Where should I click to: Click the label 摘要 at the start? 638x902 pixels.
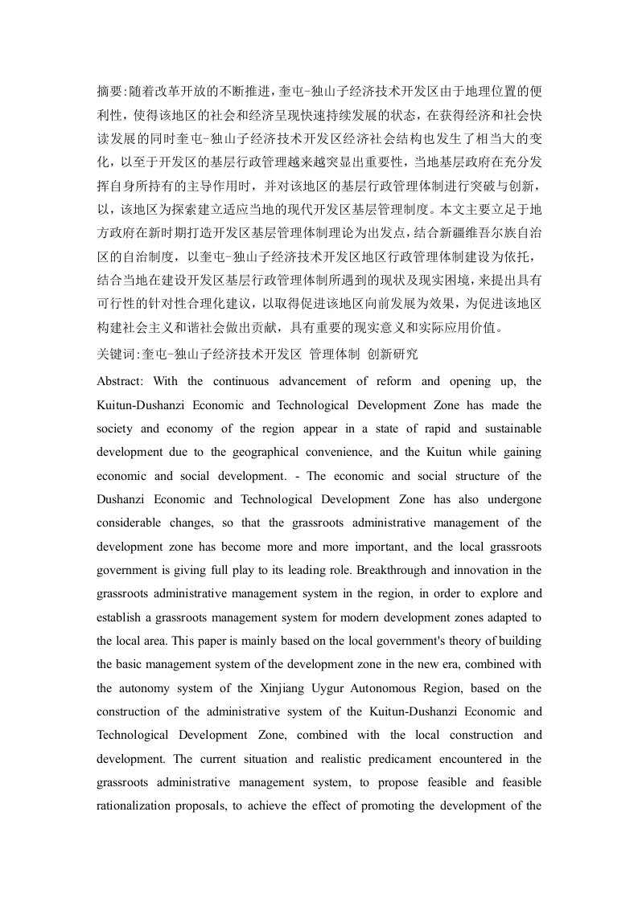click(x=109, y=91)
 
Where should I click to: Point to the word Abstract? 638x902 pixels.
click(x=119, y=381)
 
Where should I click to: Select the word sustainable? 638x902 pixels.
click(x=509, y=428)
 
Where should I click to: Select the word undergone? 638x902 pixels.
click(x=512, y=499)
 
